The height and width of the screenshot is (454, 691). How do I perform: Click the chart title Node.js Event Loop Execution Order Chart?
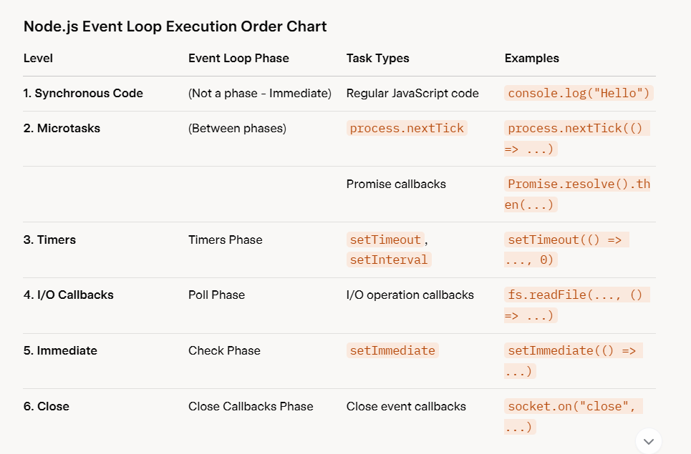coord(175,27)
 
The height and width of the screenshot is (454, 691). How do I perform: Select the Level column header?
coord(38,59)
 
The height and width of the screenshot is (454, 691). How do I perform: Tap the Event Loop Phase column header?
coord(238,59)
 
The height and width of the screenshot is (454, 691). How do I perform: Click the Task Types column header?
coord(378,59)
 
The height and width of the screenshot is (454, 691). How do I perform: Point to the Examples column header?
coord(532,59)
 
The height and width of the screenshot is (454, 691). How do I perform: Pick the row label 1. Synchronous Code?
coord(83,94)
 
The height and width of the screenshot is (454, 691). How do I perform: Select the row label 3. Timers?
coord(49,240)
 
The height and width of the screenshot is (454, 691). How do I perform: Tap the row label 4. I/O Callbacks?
coord(68,295)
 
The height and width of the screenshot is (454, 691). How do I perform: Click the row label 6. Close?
coord(47,407)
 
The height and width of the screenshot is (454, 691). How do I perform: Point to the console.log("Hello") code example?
coord(579,94)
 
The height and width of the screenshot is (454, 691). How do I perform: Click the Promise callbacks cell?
coord(396,184)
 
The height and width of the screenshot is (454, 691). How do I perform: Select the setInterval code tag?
coord(389,260)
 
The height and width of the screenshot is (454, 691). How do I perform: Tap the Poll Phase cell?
coord(216,295)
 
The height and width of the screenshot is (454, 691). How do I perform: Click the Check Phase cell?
coord(224,351)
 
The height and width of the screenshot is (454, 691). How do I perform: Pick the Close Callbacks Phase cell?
coord(251,407)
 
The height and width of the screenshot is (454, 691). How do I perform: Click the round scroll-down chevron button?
coord(649,441)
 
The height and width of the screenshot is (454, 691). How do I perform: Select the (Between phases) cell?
coord(237,129)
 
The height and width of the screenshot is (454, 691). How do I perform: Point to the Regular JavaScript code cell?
coord(412,94)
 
